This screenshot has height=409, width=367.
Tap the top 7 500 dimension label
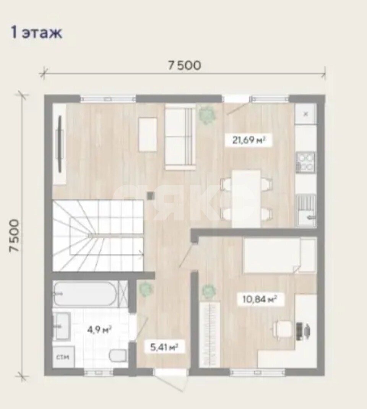click(x=184, y=65)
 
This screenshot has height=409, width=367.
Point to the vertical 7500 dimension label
click(x=15, y=235)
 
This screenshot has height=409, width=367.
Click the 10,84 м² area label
click(x=260, y=299)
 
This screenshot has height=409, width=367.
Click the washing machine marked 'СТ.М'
click(x=63, y=357)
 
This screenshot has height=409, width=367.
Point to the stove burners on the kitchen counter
click(x=306, y=162)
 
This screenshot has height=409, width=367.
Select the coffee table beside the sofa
click(x=148, y=135)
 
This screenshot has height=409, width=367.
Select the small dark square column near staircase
click(x=151, y=195)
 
